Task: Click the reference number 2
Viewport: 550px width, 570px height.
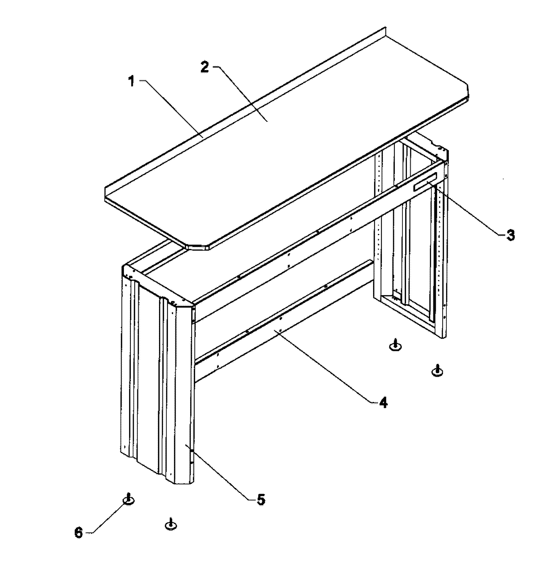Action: pos(205,67)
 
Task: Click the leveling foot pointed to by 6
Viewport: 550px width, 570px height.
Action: pos(129,500)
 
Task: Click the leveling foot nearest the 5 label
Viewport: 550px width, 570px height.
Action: pos(171,525)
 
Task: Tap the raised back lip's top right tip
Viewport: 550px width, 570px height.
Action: pos(386,29)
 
